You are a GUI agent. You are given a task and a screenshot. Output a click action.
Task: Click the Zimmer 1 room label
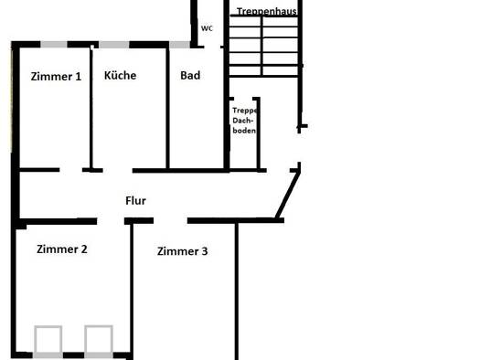pyautogui.click(x=56, y=77)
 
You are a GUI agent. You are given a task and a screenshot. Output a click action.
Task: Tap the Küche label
pyautogui.click(x=121, y=75)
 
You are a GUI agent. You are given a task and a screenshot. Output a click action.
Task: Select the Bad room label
pyautogui.click(x=190, y=76)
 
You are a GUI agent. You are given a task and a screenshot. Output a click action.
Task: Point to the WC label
pyautogui.click(x=207, y=28)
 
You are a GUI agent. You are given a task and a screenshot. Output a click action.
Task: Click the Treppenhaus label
pyautogui.click(x=267, y=11)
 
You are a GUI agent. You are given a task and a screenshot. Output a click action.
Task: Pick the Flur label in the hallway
pyautogui.click(x=135, y=201)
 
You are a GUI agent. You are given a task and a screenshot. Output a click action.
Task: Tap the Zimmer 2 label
pyautogui.click(x=62, y=249)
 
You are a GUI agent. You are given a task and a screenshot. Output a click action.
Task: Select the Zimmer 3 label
pyautogui.click(x=183, y=251)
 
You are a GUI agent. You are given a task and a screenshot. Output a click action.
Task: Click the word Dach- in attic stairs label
pyautogui.click(x=243, y=121)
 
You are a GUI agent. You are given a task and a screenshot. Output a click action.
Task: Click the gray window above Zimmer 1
pyautogui.click(x=54, y=45)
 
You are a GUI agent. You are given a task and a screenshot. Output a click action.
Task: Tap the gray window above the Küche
pyautogui.click(x=114, y=45)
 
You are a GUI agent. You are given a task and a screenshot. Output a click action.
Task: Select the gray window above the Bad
pyautogui.click(x=180, y=45)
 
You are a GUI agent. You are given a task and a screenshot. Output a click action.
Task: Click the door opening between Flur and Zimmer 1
pyautogui.click(x=71, y=170)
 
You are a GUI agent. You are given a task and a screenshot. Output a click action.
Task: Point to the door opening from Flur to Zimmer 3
pyautogui.click(x=170, y=220)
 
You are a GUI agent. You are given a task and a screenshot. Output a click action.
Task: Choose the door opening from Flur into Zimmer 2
pyautogui.click(x=111, y=221)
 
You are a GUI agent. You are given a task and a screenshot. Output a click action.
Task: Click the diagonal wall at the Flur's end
pyautogui.click(x=288, y=195)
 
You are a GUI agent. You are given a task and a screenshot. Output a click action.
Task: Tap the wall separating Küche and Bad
pyautogui.click(x=167, y=109)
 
